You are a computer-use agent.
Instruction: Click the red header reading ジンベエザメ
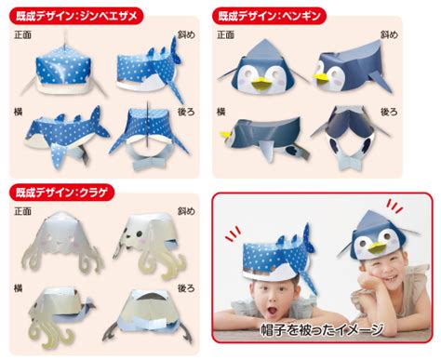coord(76,16)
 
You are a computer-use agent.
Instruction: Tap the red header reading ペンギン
coord(269,16)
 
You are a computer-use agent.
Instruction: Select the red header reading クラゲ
coord(62,193)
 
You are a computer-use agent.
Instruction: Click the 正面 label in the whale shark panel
coord(22,34)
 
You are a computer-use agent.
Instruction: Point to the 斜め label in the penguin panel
coord(389,34)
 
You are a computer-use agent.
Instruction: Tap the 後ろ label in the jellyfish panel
coord(186,288)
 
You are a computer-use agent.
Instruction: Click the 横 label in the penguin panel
coord(220,112)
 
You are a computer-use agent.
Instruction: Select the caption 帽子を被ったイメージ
coord(322,329)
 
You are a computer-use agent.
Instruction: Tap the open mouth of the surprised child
coord(273,311)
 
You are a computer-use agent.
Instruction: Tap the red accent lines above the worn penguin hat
coord(394,207)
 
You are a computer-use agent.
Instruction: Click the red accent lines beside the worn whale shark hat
coord(234,233)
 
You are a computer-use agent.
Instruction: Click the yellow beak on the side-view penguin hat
coord(225,134)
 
